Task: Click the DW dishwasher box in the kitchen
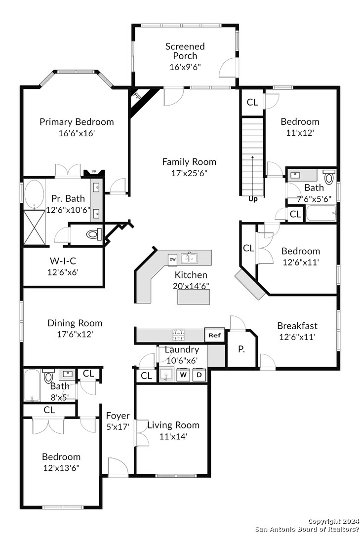[172, 260]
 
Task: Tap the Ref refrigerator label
[215, 335]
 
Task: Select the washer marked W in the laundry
[183, 375]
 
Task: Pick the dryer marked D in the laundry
[200, 375]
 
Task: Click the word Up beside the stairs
[253, 199]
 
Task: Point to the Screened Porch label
[185, 51]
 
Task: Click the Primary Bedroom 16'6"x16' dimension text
[77, 133]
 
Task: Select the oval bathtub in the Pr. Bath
[35, 194]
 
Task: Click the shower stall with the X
[35, 228]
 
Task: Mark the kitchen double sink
[190, 259]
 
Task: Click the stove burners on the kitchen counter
[179, 335]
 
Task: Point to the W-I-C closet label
[63, 261]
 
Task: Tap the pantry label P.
[241, 349]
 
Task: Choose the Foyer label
[118, 416]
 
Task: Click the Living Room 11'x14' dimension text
[173, 436]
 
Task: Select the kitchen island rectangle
[194, 297]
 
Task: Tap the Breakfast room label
[297, 326]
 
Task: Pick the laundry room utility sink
[167, 375]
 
